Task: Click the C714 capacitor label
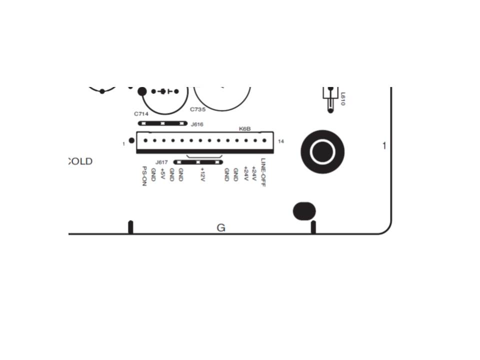tap(141, 113)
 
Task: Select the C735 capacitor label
tap(197, 109)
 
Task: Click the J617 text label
tap(161, 162)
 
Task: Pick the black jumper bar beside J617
tap(197, 162)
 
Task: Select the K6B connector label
tap(244, 129)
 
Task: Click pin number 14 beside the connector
tap(281, 141)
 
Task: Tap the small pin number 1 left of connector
tap(123, 144)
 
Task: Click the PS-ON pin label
tap(144, 176)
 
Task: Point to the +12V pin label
tap(202, 174)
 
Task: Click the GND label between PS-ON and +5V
tap(153, 174)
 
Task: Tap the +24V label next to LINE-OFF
tap(254, 174)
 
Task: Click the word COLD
tap(80, 161)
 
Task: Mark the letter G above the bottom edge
tap(221, 228)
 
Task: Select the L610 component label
tap(342, 98)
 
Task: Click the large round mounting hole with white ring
tap(322, 151)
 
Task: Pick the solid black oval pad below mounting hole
tap(304, 211)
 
